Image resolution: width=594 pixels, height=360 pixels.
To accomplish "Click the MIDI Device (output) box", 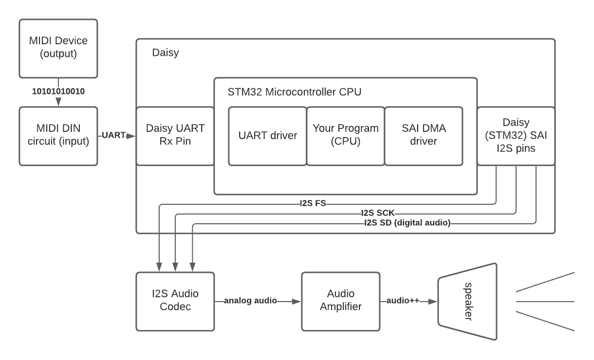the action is click(x=58, y=49).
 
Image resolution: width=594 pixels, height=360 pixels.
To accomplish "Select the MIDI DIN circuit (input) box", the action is click(x=58, y=136).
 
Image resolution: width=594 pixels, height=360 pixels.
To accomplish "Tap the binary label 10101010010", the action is click(x=58, y=91).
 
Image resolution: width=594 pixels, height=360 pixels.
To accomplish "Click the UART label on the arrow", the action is click(x=114, y=135).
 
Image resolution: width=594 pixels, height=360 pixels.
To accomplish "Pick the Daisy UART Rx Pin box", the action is click(x=175, y=136).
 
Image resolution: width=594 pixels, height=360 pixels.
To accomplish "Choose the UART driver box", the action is click(x=268, y=136).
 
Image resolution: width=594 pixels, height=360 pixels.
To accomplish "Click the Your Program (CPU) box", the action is click(x=346, y=136).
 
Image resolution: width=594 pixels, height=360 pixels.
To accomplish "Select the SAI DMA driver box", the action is click(x=424, y=136).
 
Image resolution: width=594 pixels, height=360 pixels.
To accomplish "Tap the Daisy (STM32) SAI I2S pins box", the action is click(x=516, y=136).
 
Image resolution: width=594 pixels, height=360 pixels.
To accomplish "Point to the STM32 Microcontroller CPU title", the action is click(x=295, y=92).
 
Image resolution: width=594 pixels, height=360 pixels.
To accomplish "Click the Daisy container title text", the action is click(x=166, y=53).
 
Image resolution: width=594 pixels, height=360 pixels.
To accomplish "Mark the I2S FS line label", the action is click(x=313, y=203).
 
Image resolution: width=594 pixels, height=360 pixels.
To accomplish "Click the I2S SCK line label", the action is click(x=378, y=213).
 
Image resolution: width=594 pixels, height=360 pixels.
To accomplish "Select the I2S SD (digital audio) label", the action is click(x=408, y=222).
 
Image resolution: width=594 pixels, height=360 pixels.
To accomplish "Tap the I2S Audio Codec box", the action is click(x=175, y=302).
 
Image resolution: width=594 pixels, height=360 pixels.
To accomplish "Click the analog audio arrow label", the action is click(x=250, y=300).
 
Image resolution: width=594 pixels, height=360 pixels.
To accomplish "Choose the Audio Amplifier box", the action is click(x=341, y=302).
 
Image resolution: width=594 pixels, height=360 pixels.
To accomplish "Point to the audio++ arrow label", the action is click(x=403, y=300).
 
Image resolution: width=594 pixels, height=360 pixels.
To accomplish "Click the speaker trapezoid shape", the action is click(x=467, y=302).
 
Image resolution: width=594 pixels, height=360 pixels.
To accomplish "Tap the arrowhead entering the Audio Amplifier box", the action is click(x=296, y=302).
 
